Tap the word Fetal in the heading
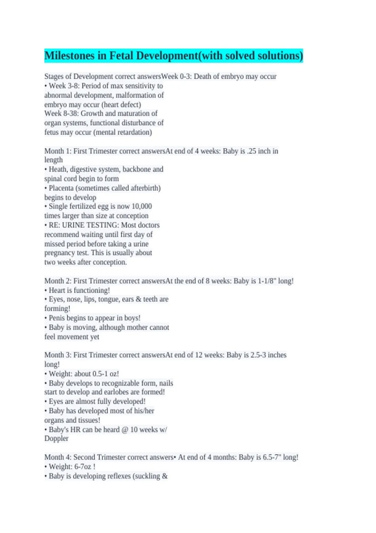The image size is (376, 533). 121,56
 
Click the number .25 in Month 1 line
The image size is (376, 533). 251,151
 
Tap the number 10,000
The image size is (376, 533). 142,206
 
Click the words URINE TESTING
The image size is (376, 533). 90,225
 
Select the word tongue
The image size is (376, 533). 108,299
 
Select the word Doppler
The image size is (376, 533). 56,438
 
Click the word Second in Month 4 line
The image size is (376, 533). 84,457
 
